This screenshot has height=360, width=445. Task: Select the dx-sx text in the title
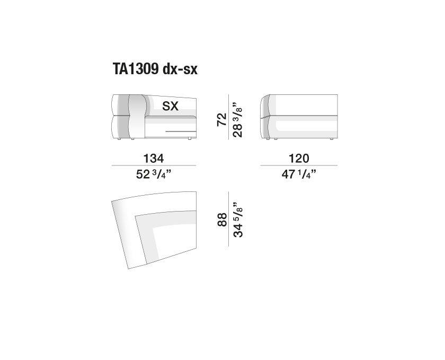[x=181, y=69]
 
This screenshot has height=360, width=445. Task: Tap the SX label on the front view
[x=170, y=107]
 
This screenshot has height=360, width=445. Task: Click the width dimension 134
[x=154, y=158]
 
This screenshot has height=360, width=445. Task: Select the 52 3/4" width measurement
[x=154, y=173]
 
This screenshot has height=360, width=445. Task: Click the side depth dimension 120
[x=299, y=158]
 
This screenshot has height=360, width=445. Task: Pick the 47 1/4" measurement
[x=299, y=173]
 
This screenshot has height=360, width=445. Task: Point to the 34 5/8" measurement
[x=237, y=218]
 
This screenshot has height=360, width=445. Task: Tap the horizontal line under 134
[x=154, y=165]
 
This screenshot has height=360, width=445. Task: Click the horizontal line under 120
[x=299, y=165]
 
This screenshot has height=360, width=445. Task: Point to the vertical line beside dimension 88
[x=228, y=218]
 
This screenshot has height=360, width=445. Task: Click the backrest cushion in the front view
[x=137, y=116]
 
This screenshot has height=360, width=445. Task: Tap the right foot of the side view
[x=331, y=139]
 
